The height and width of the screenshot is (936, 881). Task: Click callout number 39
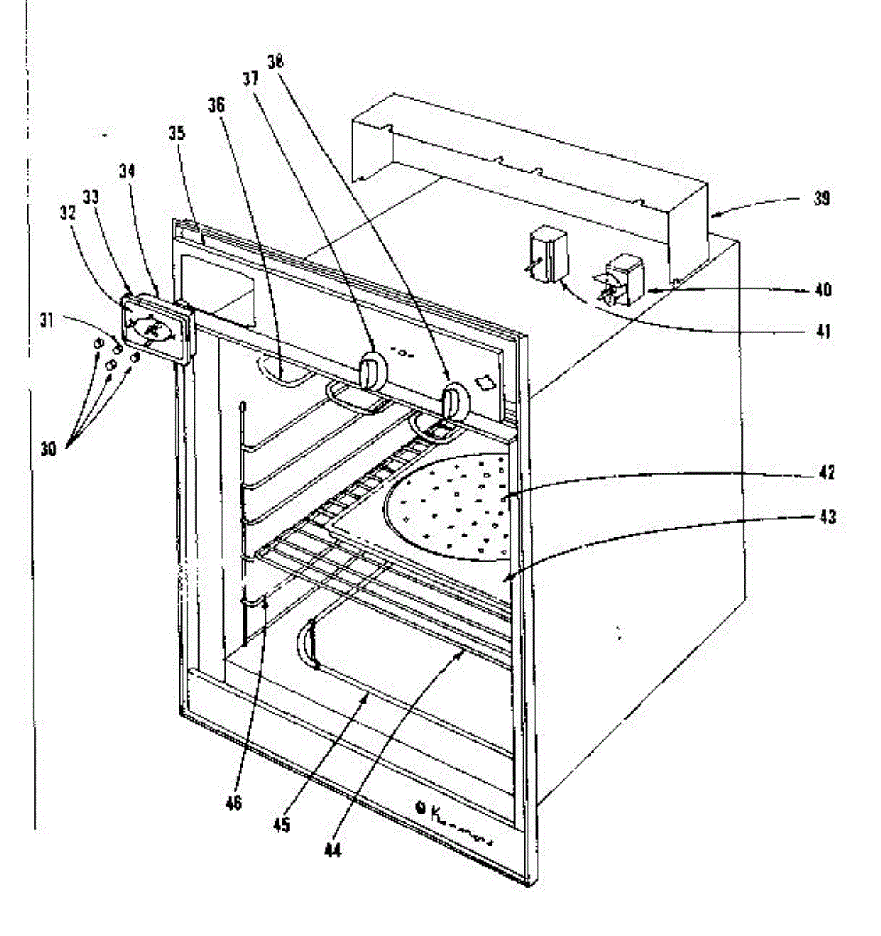coord(820,199)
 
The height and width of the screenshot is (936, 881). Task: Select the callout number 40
coord(822,290)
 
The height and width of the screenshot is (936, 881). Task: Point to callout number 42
coord(826,473)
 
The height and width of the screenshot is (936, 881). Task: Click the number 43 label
coord(826,516)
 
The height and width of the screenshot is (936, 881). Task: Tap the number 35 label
coord(177,133)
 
